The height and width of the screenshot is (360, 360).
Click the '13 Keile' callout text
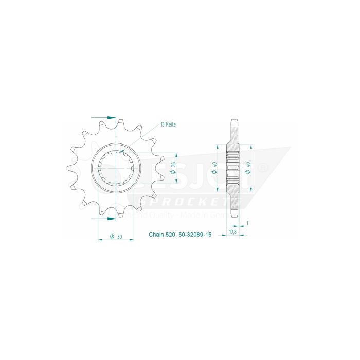coord(169,124)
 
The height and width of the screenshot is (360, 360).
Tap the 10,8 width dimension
coord(232,232)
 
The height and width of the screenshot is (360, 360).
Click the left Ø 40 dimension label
coord(214,167)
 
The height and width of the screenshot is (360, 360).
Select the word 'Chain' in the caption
coord(156,235)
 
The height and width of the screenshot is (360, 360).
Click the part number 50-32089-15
coord(194,235)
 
